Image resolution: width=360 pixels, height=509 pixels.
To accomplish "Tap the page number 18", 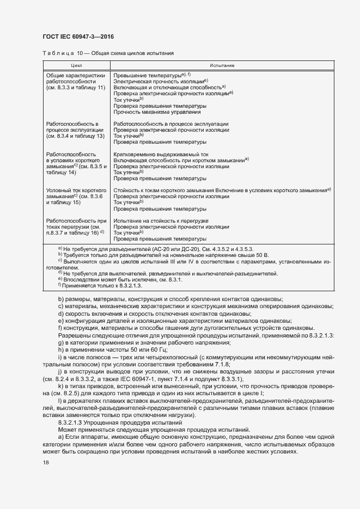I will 45,462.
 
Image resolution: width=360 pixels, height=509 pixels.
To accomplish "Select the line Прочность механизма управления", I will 157,112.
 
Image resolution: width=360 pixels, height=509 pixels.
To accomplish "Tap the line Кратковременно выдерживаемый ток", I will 161,154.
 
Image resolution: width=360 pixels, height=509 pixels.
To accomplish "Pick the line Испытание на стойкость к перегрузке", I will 162,220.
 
